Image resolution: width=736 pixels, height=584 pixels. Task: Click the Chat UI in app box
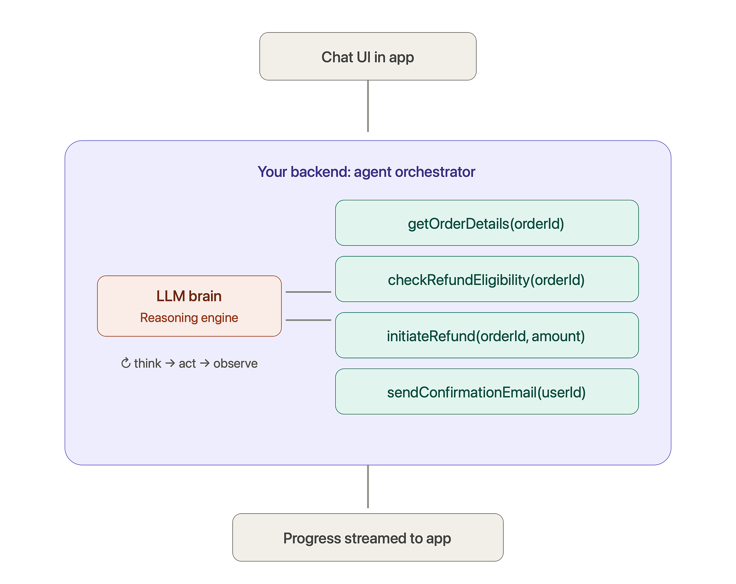(368, 57)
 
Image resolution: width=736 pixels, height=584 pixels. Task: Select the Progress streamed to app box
(368, 537)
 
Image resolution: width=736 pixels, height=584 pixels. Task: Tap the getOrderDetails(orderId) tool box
(487, 223)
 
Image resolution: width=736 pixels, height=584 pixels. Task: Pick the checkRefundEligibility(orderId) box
(487, 279)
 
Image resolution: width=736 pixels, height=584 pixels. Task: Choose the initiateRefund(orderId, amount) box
(487, 335)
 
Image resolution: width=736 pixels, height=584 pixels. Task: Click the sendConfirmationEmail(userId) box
(487, 391)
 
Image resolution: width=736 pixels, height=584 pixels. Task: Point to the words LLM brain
(189, 296)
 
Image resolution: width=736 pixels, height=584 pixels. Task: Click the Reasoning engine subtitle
(189, 318)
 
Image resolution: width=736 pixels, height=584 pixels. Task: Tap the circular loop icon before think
(126, 363)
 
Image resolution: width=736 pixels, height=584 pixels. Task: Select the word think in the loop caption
(147, 363)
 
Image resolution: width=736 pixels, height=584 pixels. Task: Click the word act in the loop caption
(187, 363)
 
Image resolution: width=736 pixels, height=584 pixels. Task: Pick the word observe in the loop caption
(236, 363)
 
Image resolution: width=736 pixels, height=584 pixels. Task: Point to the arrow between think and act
(170, 363)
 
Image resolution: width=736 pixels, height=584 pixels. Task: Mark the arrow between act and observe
(205, 363)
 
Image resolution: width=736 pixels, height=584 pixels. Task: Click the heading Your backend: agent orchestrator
(366, 172)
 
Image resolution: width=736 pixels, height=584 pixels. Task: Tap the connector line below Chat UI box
(368, 106)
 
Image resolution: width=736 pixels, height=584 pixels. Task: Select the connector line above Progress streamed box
(368, 487)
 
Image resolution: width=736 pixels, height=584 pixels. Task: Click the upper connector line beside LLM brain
(308, 292)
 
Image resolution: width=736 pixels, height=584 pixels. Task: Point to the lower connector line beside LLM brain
(308, 320)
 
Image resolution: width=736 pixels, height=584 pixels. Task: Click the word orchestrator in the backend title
(435, 172)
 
